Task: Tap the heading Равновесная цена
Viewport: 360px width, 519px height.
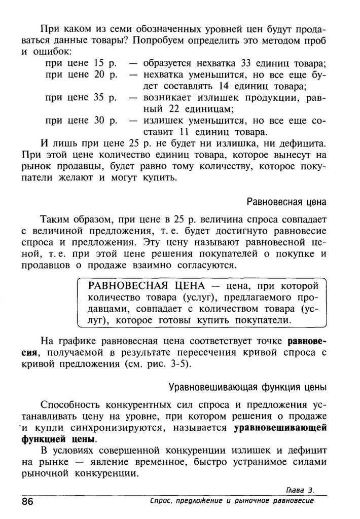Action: (x=286, y=202)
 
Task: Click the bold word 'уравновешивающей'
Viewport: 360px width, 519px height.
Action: (x=280, y=427)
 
